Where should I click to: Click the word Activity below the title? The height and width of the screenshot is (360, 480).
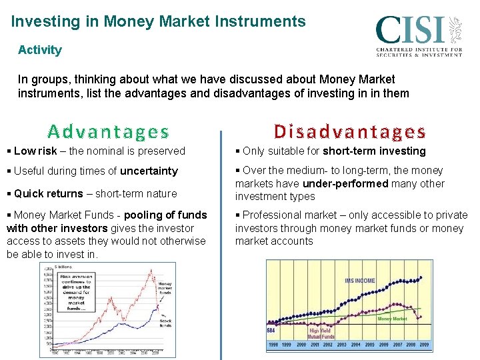[40, 50]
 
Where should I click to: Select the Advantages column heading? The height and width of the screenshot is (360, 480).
[108, 131]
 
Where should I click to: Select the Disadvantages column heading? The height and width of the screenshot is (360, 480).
[350, 131]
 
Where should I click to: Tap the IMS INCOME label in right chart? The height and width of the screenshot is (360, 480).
[359, 281]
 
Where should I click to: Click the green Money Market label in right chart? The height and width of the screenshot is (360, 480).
[392, 319]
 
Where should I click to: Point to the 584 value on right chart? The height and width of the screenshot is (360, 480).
[271, 330]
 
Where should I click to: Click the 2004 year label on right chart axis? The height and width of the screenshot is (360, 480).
[355, 345]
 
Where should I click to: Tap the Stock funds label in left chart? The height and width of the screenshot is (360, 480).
[165, 323]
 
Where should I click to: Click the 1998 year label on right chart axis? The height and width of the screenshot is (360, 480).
[273, 345]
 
